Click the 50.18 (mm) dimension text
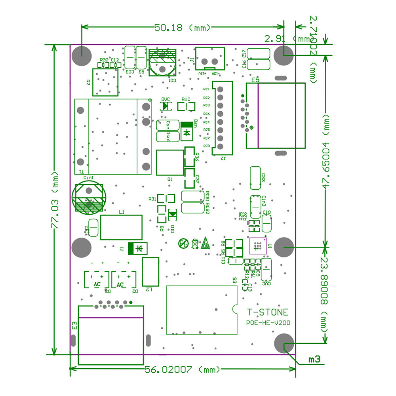183,28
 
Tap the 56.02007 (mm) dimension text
182,370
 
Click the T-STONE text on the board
268,312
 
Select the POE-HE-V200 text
268,323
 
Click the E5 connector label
255,80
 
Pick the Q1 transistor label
170,179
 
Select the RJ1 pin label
206,89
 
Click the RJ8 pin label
206,146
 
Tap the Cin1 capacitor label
88,178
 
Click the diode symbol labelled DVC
166,106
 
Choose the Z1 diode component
137,248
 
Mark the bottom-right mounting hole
284,343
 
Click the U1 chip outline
258,246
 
